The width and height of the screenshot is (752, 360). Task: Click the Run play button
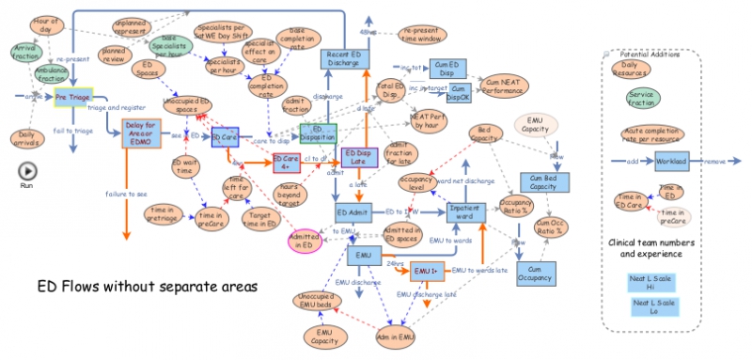(27, 171)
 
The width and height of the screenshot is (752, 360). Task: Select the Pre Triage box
(72, 96)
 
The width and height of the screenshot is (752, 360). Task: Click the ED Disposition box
(318, 133)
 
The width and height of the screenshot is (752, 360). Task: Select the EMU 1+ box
(427, 272)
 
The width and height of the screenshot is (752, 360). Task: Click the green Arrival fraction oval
(25, 51)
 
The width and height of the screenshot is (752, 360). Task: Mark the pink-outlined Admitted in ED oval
(309, 240)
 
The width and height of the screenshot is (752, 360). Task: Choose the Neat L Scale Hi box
(652, 283)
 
